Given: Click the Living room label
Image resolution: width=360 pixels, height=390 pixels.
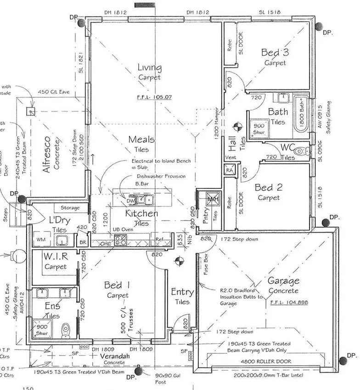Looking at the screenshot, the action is point(150,68).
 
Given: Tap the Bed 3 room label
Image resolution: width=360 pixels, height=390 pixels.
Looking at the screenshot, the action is point(275,52).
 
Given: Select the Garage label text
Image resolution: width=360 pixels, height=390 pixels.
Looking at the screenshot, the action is point(283,281).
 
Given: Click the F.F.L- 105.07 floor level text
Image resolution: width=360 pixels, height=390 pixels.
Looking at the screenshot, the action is point(154,97).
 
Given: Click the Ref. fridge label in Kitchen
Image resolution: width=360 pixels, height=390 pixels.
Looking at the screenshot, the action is point(159,240).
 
